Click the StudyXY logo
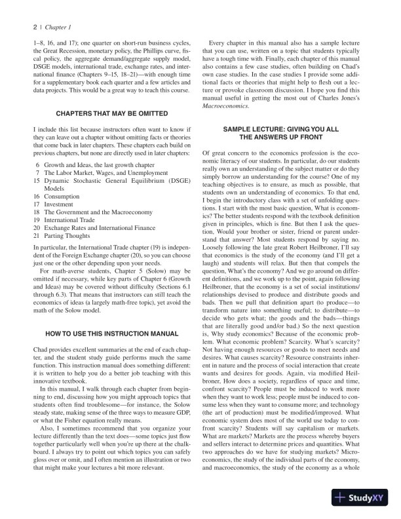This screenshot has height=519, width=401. coord(360,497)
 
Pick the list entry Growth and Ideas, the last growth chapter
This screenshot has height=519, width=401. coord(99,166)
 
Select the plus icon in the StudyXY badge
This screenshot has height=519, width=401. coord(339,497)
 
